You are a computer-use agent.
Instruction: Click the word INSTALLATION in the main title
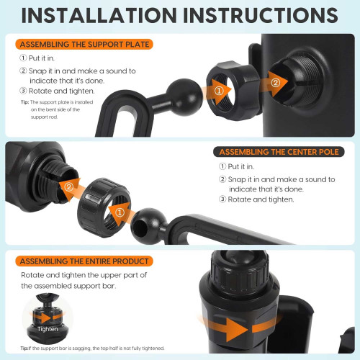click(x=99, y=15)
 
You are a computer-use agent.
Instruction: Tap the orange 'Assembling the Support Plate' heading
click(x=84, y=45)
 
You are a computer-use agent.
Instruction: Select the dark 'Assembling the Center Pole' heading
click(x=279, y=152)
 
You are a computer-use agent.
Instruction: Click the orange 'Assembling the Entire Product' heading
click(x=84, y=261)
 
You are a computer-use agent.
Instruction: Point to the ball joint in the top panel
click(x=184, y=97)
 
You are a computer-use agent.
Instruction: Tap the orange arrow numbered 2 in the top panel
click(x=275, y=84)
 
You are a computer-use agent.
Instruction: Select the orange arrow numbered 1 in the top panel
click(x=217, y=91)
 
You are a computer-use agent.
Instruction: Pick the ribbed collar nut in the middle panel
click(x=104, y=207)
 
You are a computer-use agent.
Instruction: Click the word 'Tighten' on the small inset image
click(x=48, y=329)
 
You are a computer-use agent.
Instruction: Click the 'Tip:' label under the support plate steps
click(x=24, y=102)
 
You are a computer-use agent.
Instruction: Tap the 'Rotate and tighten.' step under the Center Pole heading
click(x=256, y=199)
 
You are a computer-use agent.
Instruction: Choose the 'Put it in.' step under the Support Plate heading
click(x=37, y=58)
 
